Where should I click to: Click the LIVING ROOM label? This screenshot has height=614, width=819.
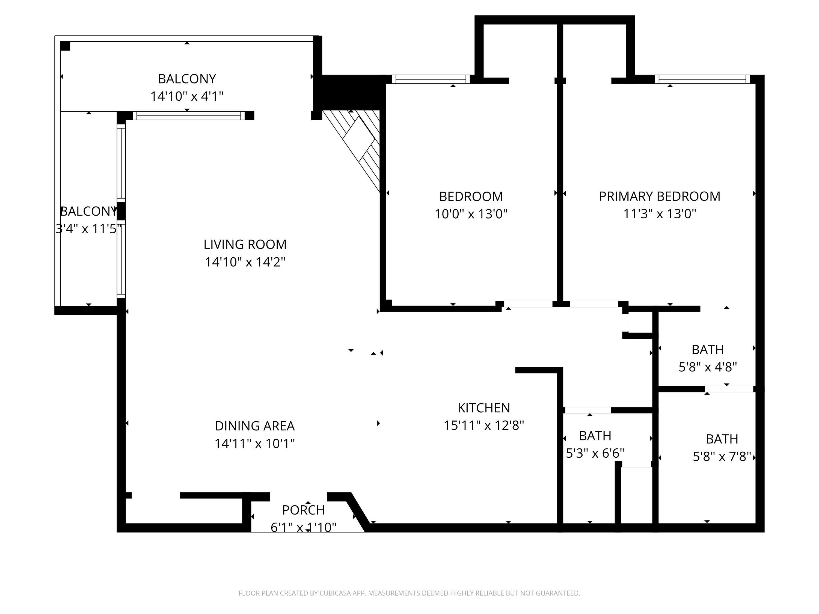point(245,244)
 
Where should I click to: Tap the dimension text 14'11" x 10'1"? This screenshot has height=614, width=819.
point(254,443)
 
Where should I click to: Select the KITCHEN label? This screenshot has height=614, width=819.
point(483,408)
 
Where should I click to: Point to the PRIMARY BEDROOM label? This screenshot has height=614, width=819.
point(659,196)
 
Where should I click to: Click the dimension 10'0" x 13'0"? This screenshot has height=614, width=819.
point(471,214)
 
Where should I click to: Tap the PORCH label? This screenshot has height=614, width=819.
point(303,510)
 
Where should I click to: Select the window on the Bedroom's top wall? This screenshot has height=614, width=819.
point(431,79)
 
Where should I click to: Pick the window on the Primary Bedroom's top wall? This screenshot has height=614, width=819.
point(702,79)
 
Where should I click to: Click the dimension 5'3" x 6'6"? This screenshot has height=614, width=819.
point(595,453)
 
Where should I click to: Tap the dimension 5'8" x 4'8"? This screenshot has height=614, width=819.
point(708,367)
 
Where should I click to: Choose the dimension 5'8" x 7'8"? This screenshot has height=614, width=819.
point(722,457)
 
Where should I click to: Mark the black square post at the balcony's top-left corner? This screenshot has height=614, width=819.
point(65,46)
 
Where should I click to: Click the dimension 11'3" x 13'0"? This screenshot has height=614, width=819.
point(659,214)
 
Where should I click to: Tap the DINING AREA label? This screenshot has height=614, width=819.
point(254,426)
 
